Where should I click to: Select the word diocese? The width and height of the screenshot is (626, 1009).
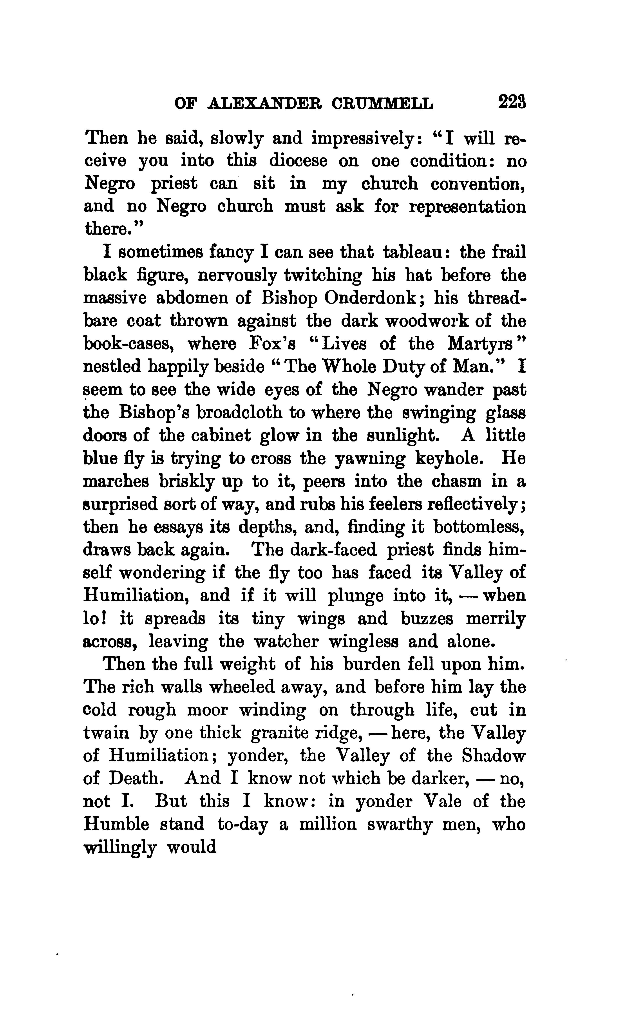[x=298, y=161]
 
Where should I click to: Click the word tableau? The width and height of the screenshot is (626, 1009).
[x=413, y=252]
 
